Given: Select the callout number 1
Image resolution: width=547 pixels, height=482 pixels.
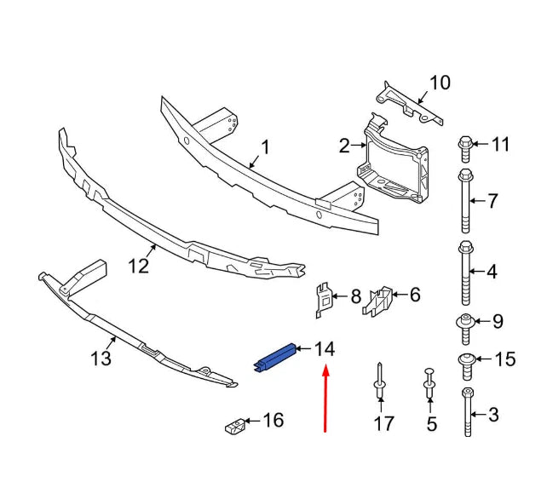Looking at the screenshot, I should coord(264,148).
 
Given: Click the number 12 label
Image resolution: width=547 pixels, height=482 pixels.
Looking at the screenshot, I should coord(138,266).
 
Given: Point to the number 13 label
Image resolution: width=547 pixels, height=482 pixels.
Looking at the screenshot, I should coord(101,359).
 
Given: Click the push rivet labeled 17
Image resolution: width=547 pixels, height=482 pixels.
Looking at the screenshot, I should coord(379,384).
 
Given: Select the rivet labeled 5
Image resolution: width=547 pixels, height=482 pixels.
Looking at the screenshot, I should coord(430,387).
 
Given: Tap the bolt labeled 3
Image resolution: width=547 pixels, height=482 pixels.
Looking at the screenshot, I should coord(466,412).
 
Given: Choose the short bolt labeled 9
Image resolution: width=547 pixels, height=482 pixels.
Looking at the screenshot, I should coord(466,324).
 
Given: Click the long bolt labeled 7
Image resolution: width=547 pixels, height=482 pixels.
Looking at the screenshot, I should coord(464,201).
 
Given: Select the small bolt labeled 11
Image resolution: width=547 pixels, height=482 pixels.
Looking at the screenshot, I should coord(465,146).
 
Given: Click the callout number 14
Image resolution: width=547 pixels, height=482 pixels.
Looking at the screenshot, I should coord(324,348).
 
